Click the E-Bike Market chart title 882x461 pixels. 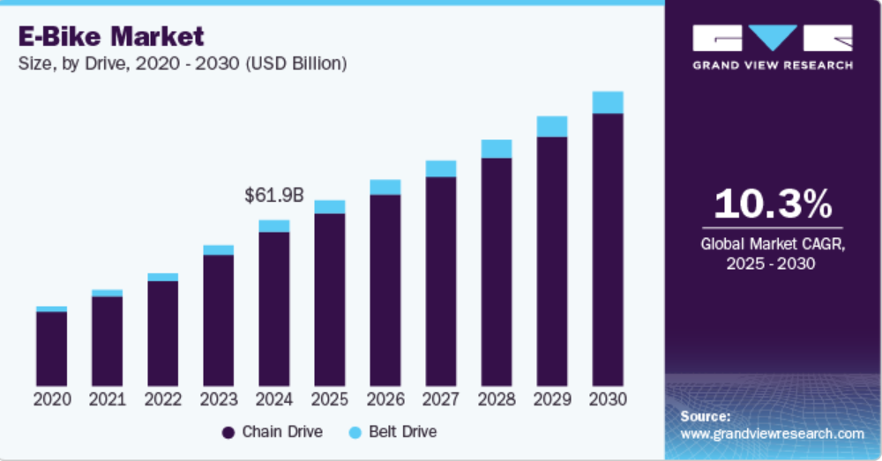pos(110,36)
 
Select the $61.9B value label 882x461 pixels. pos(273,196)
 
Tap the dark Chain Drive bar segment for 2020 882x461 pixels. pos(51,348)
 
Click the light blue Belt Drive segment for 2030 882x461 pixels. pos(608,102)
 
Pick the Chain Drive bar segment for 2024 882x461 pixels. pos(273,309)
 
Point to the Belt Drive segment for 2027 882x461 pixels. pos(441,168)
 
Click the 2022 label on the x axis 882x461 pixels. pos(162,399)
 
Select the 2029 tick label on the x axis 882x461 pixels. pos(552,399)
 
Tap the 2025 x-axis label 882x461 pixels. pos(329,399)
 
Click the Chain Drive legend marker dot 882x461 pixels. pos(228,432)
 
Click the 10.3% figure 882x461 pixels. pos(772,204)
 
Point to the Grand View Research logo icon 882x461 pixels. pos(772,37)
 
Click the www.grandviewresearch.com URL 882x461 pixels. pos(772,434)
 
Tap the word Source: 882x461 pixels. pos(706,416)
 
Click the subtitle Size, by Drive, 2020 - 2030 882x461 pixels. pos(182,63)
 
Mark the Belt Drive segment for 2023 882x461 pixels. pos(218,249)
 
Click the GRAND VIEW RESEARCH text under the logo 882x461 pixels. pos(772,65)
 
